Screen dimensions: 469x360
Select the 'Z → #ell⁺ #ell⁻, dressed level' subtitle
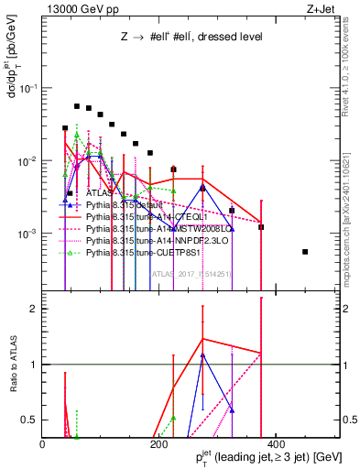coord(192,38)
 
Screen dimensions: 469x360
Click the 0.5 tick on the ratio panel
coord(30,420)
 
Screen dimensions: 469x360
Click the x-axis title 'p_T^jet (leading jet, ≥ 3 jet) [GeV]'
coord(261,458)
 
